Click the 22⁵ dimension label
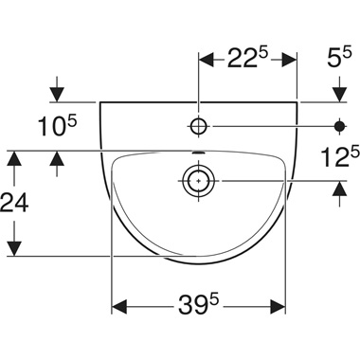tap(247, 57)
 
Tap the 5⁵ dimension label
tap(339, 57)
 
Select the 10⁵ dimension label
tap(58, 125)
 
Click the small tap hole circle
tap(198, 126)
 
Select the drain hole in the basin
tap(198, 181)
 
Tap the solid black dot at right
tap(340, 126)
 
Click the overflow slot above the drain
tap(198, 153)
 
